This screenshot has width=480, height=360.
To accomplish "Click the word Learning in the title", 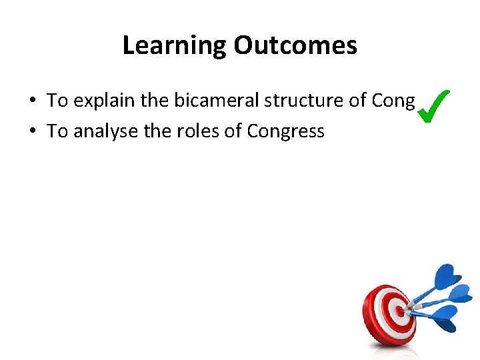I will [175, 46].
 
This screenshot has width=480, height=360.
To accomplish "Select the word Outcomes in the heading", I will [295, 45].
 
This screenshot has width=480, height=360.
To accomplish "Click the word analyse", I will [101, 131].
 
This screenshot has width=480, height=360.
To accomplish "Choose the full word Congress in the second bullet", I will [285, 131].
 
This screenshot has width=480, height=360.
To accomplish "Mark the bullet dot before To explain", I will [32, 101].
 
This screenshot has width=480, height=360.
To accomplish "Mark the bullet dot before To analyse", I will [32, 132].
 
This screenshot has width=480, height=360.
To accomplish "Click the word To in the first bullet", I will [57, 101].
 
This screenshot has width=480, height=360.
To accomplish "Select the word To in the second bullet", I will [57, 131].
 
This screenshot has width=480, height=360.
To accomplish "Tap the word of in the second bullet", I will [233, 131].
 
